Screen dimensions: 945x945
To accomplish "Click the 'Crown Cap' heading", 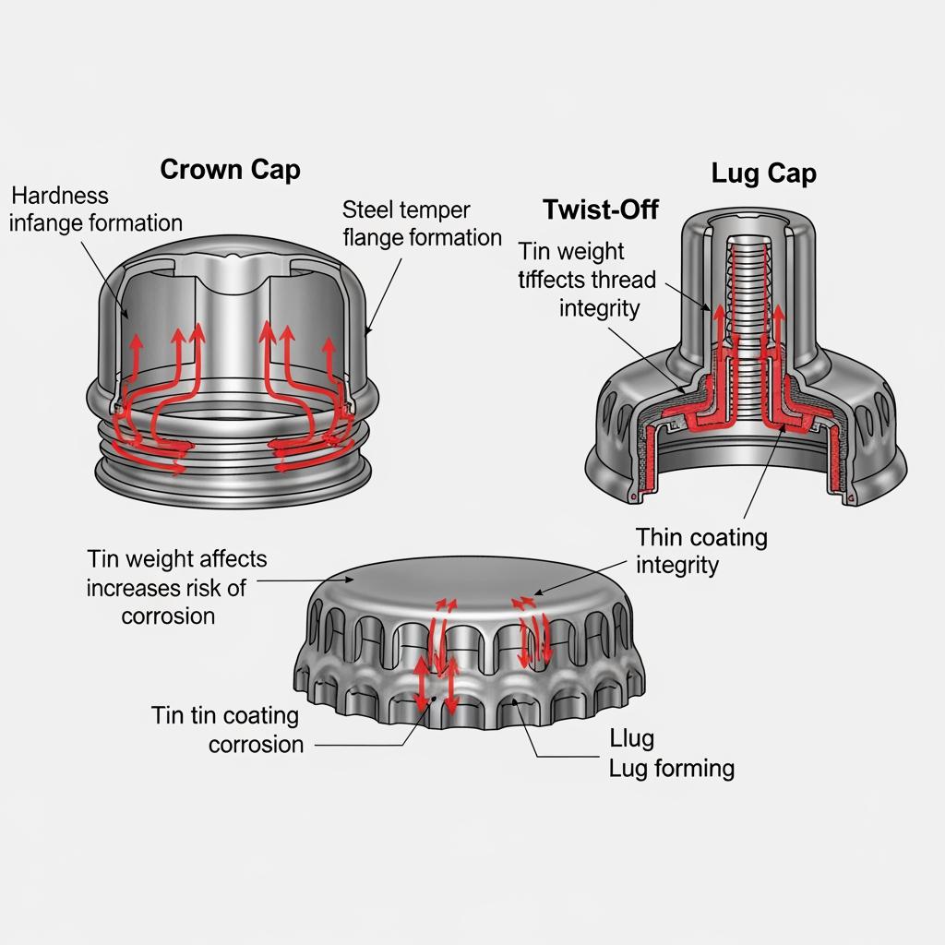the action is [230, 170].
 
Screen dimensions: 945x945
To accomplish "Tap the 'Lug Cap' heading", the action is [763, 174].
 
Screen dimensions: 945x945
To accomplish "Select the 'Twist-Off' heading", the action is [600, 209].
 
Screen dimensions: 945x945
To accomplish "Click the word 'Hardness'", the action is [60, 196].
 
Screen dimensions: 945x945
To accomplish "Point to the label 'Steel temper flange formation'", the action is [422, 223].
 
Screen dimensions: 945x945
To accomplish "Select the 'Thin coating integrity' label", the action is [701, 552].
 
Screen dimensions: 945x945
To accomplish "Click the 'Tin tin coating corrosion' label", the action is [226, 730].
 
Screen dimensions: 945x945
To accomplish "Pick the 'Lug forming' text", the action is [672, 769].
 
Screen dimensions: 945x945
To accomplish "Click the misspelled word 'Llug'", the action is [631, 739].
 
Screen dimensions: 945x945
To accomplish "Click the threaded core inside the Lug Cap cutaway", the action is [748, 326].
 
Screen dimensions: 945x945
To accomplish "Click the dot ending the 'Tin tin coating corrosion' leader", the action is [434, 700].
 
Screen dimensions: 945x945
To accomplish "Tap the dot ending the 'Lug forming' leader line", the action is [514, 701].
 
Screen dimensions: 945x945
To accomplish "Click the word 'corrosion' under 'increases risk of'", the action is [168, 616].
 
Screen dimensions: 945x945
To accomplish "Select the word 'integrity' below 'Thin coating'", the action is [677, 566].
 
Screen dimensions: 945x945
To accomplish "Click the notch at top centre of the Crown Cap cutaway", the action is [232, 258].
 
